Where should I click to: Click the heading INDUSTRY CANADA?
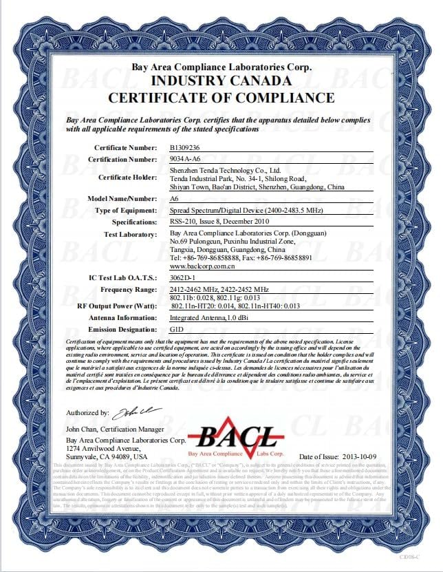coord(221,82)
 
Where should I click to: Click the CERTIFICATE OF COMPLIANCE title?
coord(221,98)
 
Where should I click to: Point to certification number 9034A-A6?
coord(184,159)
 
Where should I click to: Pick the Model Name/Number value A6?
coord(173,198)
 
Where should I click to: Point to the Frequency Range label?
coord(128,290)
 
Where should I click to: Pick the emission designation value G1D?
coord(176,330)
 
